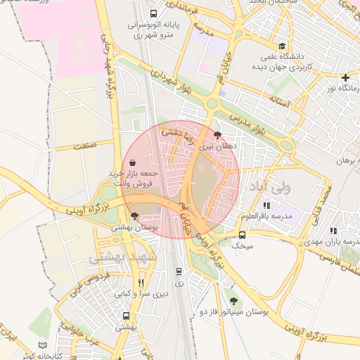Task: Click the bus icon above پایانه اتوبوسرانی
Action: tap(154, 13)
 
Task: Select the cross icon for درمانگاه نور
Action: tap(345, 77)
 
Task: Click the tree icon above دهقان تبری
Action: tap(217, 135)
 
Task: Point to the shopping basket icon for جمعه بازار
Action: tap(133, 162)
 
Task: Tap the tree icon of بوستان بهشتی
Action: tap(134, 217)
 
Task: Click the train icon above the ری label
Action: tap(179, 270)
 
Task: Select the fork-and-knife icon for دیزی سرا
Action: tap(141, 283)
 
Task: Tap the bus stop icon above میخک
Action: tap(242, 235)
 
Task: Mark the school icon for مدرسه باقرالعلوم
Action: tap(266, 205)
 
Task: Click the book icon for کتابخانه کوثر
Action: tap(43, 345)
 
